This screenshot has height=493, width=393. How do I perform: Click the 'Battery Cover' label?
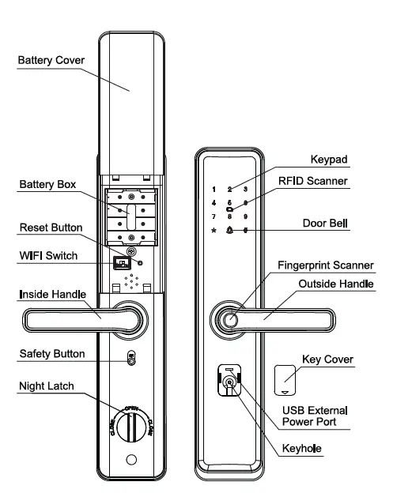[x=51, y=61]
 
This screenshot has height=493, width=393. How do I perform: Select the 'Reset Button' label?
[x=51, y=228]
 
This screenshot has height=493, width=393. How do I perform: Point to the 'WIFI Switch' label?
[x=47, y=255]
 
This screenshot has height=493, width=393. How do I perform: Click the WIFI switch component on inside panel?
[x=122, y=263]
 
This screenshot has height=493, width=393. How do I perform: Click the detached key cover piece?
[x=287, y=378]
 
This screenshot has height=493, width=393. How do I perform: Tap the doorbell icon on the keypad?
[x=229, y=231]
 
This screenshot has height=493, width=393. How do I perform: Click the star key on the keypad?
[x=214, y=231]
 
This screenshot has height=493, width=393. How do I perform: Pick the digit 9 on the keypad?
[x=246, y=216]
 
